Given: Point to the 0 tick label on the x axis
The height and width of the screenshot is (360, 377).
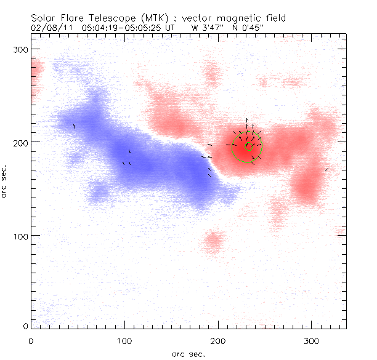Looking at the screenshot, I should tap(31, 340).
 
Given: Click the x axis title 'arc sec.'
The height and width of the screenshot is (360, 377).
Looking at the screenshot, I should tap(188, 354).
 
